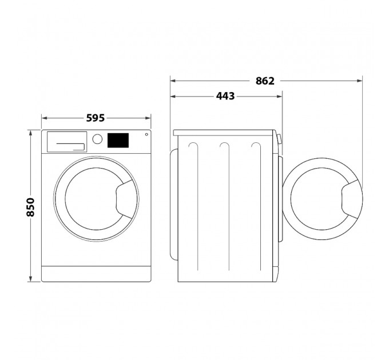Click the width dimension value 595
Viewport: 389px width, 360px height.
click(95, 118)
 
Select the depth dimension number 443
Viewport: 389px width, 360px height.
click(225, 96)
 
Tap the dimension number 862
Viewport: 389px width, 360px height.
click(265, 81)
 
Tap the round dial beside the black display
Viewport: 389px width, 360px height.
click(97, 139)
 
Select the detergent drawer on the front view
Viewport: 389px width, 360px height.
click(66, 141)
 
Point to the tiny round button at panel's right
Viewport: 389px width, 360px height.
click(146, 135)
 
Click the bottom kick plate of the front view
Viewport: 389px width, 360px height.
click(96, 274)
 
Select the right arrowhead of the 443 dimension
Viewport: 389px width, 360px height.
click(280, 96)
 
